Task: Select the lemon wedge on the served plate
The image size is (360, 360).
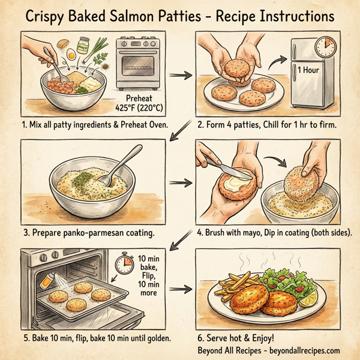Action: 309,298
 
